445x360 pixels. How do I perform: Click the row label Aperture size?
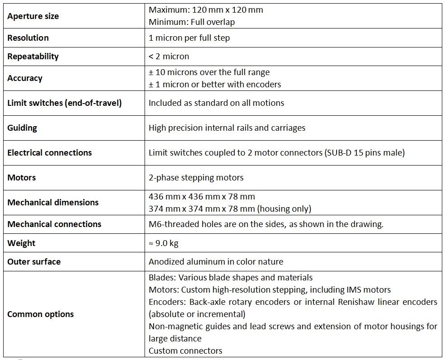33,16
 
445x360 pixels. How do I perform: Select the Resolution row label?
28,38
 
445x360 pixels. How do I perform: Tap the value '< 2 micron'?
169,57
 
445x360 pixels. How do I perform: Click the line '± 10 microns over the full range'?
209,72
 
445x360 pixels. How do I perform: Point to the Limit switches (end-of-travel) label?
65,103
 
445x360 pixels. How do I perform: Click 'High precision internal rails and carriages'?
227,128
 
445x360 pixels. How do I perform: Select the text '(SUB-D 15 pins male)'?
365,153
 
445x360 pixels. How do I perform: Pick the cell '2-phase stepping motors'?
196,178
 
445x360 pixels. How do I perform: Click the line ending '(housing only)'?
230,208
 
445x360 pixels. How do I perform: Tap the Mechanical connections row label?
54,224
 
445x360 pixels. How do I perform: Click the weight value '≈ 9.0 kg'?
164,243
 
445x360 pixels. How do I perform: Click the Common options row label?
40,314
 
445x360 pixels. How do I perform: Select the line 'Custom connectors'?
186,351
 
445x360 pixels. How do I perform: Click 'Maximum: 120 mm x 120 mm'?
206,10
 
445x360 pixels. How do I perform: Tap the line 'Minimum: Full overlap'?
192,22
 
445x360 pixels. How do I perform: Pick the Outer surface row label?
34,262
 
